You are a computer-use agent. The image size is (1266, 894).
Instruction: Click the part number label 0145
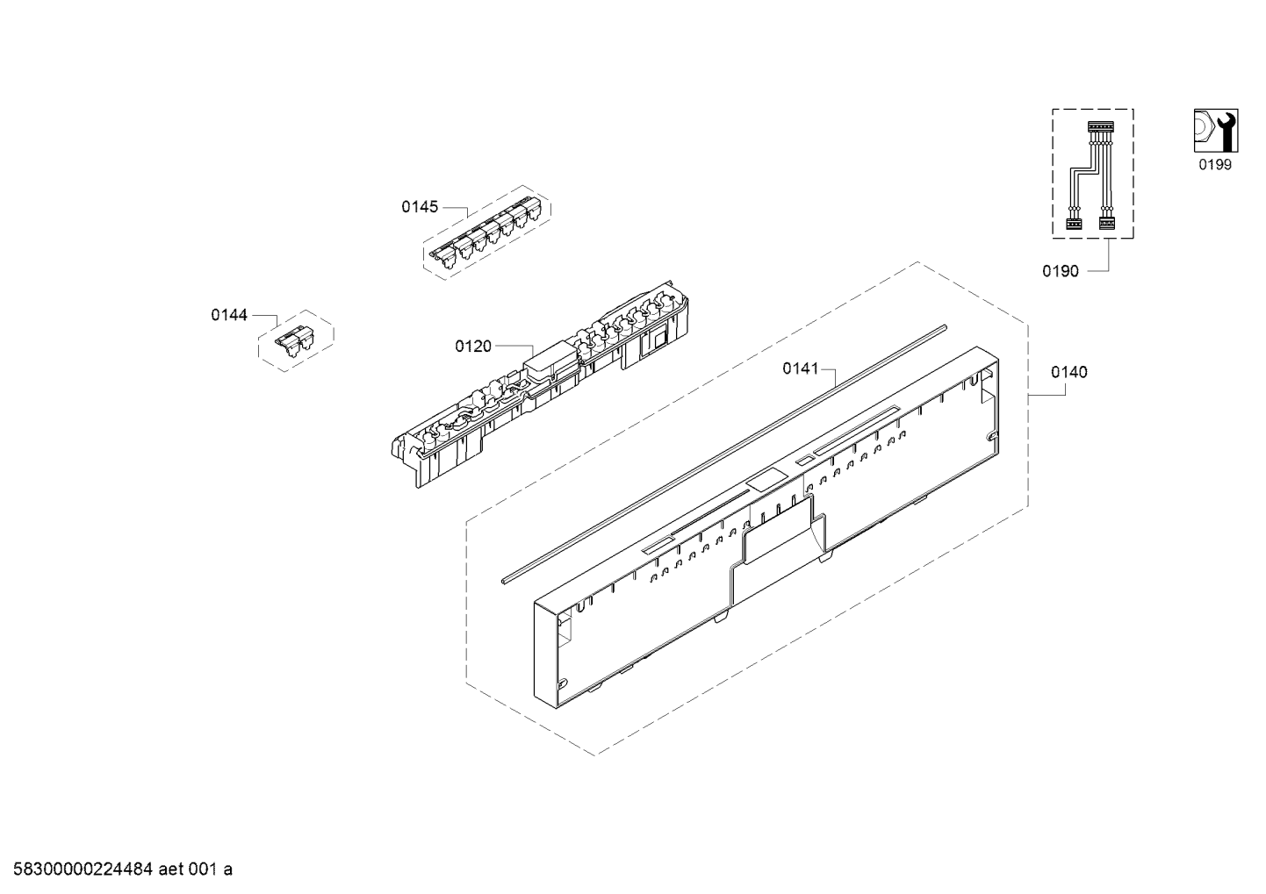[x=420, y=207]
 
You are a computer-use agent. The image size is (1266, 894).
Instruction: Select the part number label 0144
[x=229, y=315]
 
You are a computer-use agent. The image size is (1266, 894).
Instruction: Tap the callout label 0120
[x=473, y=347]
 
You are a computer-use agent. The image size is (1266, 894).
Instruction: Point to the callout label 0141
[x=801, y=368]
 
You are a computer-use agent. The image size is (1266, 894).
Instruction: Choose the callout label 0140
[x=1068, y=372]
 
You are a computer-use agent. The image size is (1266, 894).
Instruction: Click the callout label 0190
[x=1061, y=272]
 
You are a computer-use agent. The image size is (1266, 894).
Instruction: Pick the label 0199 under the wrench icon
[x=1215, y=165]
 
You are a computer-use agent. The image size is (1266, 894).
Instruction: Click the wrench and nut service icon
[x=1216, y=131]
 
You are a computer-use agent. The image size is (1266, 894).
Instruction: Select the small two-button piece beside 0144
[x=295, y=340]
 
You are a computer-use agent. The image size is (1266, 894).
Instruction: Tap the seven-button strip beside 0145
[x=486, y=232]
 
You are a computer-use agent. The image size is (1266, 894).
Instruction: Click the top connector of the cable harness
[x=1100, y=127]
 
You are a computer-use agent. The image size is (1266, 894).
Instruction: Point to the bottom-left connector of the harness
[x=1073, y=223]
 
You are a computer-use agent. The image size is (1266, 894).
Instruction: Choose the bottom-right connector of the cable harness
[x=1106, y=223]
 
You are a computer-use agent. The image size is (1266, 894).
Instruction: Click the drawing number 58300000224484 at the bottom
[x=83, y=869]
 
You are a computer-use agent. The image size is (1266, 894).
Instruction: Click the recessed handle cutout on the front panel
[x=783, y=533]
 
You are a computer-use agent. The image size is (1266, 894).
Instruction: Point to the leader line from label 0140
[x=1047, y=395]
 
